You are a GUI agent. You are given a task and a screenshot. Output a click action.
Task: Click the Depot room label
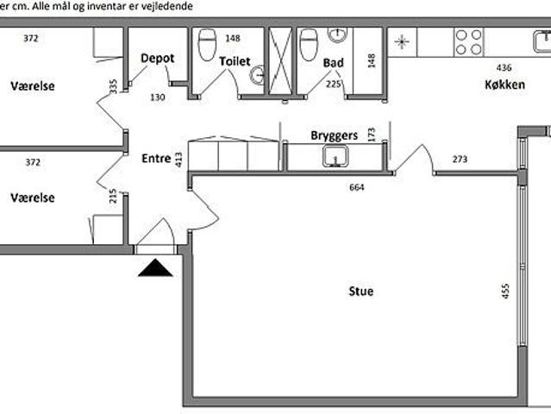coord(158,59)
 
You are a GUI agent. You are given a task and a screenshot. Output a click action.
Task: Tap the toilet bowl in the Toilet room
coord(207,45)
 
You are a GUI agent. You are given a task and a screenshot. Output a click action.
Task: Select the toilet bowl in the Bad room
coord(309,45)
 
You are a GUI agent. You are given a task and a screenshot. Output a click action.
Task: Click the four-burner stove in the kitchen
coord(469,42)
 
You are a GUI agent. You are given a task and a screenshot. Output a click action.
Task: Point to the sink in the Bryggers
coord(335,157)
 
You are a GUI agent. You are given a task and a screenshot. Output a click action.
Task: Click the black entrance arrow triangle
coord(155,267)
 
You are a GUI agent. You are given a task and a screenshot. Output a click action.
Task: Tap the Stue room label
coord(361,292)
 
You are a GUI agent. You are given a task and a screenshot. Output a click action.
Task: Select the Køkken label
coord(505,85)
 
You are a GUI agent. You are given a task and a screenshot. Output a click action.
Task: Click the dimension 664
coord(357,187)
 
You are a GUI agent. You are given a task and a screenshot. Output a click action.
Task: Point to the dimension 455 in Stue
coord(505,291)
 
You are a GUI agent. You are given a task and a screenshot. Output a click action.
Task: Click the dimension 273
coord(460,160)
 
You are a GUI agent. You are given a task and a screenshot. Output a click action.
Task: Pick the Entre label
coord(156,159)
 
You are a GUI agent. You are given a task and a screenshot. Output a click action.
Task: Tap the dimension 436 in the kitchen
coord(504,67)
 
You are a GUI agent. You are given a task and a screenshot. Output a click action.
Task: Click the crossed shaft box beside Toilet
coord(280,60)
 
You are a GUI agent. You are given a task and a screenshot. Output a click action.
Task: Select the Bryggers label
coord(335,135)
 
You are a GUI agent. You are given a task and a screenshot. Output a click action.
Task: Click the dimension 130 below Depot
coord(158,97)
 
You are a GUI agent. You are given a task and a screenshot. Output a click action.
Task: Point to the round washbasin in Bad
coord(337,34)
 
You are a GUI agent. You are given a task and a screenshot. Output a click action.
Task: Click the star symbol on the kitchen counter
coord(402,42)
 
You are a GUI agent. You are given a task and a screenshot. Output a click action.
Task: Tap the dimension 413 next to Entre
coord(178,160)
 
